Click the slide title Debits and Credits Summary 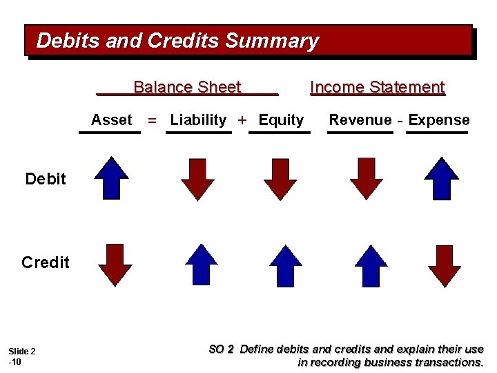(177, 41)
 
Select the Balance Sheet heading (187, 87)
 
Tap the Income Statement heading (378, 87)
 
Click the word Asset (111, 120)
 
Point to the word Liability (198, 120)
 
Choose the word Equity (281, 120)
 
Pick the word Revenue (360, 120)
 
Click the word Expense (439, 120)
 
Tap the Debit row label (46, 180)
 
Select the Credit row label (46, 262)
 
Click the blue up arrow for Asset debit (112, 178)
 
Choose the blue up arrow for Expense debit (442, 178)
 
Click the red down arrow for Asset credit (115, 265)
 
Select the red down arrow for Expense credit (445, 265)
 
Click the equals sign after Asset (152, 121)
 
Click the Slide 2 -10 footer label (21, 356)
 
